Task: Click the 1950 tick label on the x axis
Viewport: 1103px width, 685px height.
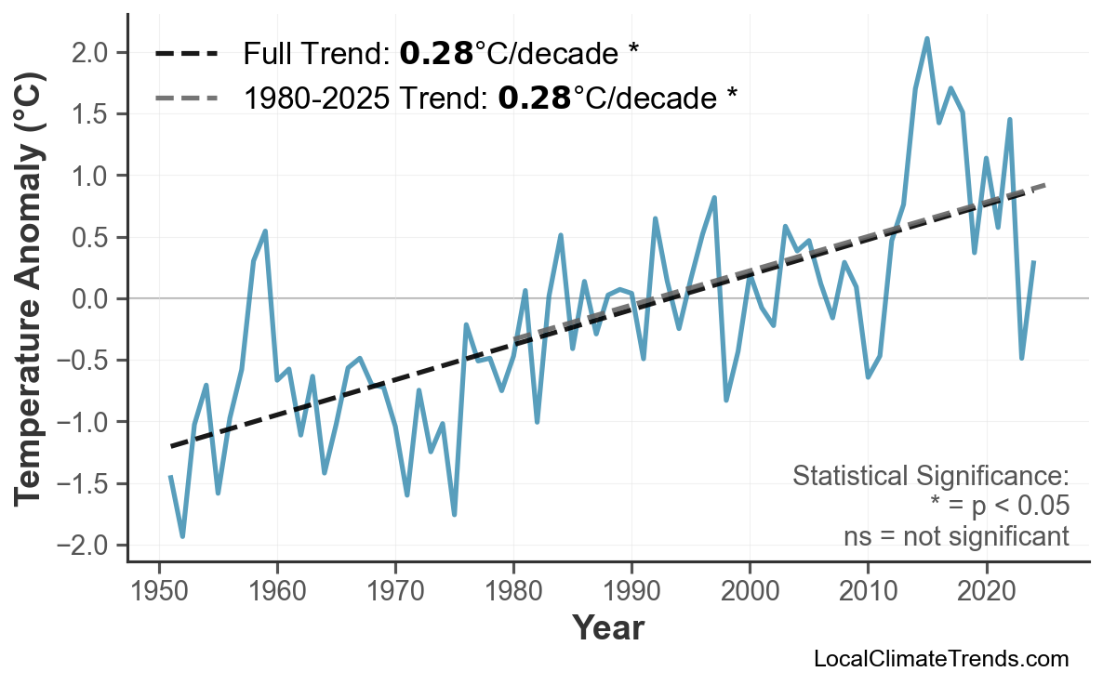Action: tap(159, 592)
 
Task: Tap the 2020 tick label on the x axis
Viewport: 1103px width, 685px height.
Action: tap(986, 592)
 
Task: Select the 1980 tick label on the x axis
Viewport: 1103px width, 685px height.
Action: tap(513, 592)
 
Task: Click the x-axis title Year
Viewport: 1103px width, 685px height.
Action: tap(607, 628)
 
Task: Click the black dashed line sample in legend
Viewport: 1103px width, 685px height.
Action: tap(187, 54)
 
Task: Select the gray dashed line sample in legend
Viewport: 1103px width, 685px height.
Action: tap(187, 98)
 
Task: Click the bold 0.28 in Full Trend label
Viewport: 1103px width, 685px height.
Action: tap(436, 54)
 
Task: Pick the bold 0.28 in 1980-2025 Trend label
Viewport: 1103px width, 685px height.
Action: tap(535, 98)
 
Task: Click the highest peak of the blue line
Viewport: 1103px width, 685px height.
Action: tap(927, 39)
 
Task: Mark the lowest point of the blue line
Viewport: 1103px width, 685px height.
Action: tap(182, 536)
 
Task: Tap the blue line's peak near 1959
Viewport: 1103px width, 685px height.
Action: tap(265, 231)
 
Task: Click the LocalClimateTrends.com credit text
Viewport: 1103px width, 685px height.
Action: tap(940, 659)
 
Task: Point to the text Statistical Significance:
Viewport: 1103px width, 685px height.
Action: tap(930, 476)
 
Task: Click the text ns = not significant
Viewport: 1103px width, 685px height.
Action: tap(956, 536)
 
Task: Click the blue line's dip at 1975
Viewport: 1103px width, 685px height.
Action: tap(454, 514)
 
